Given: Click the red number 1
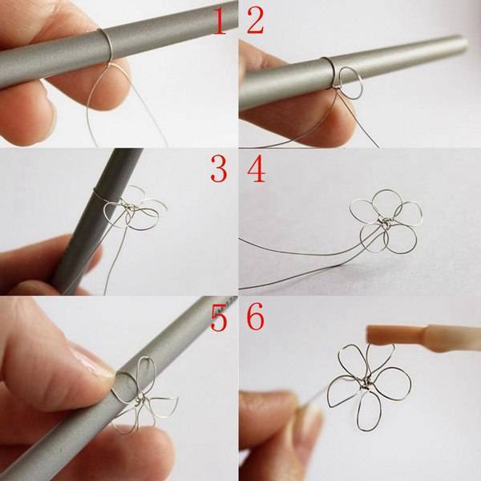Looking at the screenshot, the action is [x=220, y=21].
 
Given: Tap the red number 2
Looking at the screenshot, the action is [x=256, y=21].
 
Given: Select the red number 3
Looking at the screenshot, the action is [x=219, y=169].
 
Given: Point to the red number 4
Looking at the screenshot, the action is [x=257, y=169].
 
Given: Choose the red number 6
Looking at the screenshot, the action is [x=256, y=317].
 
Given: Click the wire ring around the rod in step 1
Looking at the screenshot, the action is [x=108, y=43].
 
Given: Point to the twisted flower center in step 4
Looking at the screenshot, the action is [x=383, y=222].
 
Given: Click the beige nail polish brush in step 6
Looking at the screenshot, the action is [x=423, y=338].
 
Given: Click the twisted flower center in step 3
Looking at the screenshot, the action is [x=131, y=208].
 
